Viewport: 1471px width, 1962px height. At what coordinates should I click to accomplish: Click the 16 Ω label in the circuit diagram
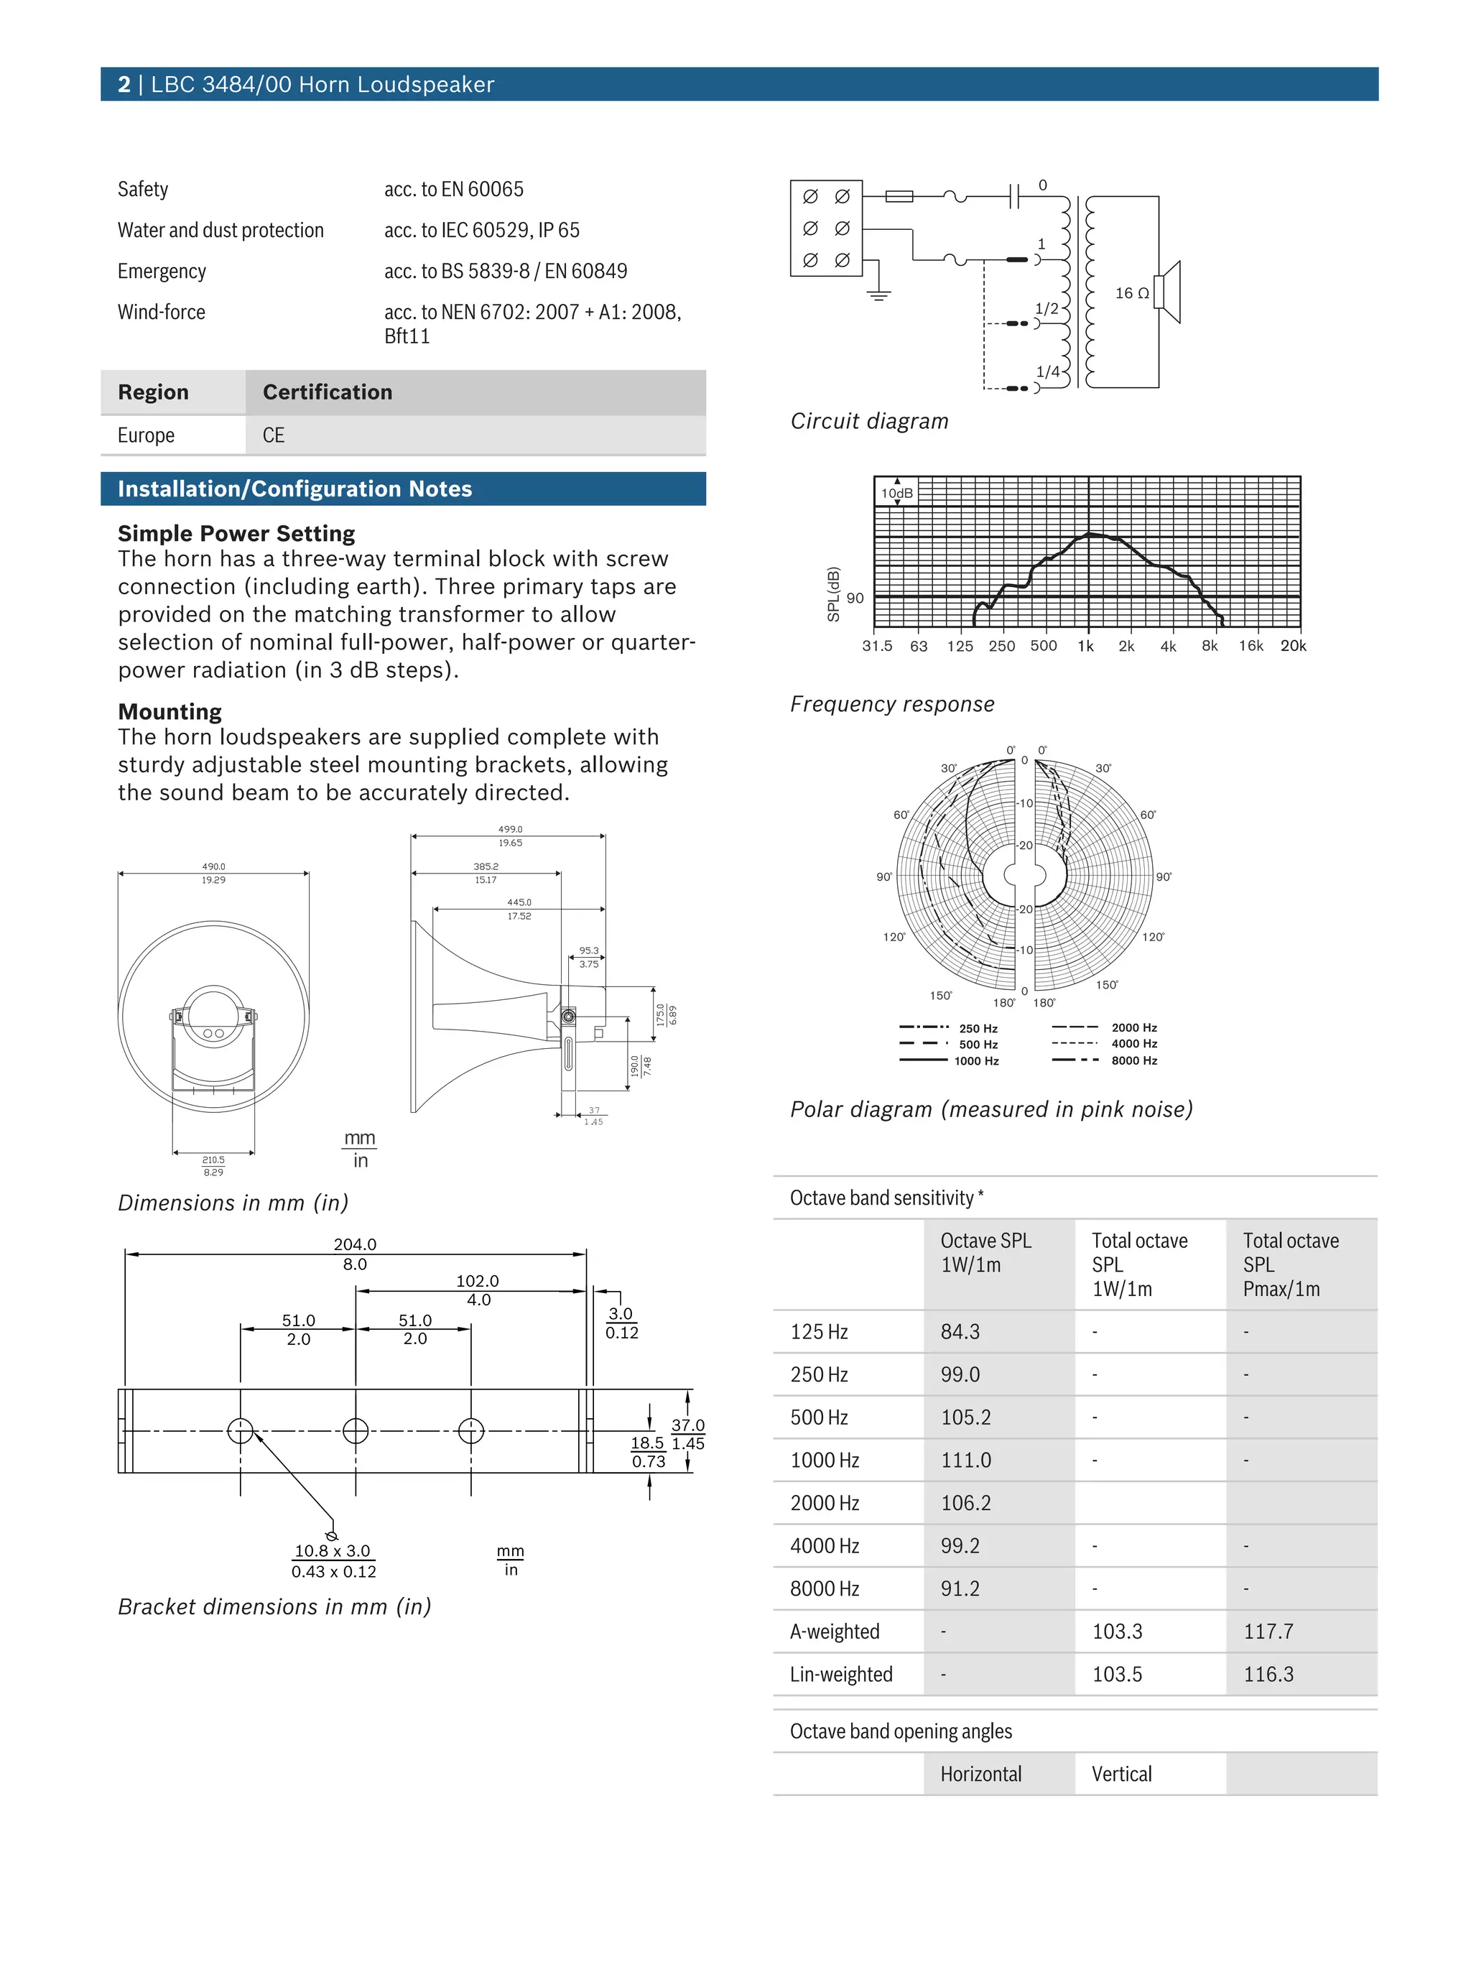[x=1131, y=292]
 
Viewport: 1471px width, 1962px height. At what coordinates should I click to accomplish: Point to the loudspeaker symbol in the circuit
[x=1168, y=292]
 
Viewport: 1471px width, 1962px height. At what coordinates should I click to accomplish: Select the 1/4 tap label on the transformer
[x=1047, y=371]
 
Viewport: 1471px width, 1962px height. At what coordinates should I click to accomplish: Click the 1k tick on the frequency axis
[x=1085, y=646]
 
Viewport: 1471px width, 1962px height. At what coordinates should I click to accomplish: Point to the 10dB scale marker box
[x=896, y=493]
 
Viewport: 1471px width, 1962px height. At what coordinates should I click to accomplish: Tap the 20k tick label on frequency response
[x=1293, y=646]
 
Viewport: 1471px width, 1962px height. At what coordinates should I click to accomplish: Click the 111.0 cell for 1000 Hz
[x=965, y=1460]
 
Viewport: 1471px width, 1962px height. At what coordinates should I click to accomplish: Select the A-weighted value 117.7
[x=1268, y=1631]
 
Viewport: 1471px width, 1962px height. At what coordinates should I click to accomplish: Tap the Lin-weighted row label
[x=840, y=1674]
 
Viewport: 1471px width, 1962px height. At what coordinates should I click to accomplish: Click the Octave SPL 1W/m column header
[x=985, y=1252]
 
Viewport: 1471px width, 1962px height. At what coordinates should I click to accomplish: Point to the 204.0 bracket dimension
[x=355, y=1244]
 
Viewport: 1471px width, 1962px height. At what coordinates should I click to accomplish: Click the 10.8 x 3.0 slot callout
[x=333, y=1550]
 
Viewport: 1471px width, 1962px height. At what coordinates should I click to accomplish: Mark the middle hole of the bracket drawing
[x=356, y=1430]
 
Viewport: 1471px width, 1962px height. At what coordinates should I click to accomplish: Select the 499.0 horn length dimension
[x=510, y=829]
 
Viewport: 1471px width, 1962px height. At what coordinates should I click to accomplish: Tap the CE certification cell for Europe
[x=273, y=435]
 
